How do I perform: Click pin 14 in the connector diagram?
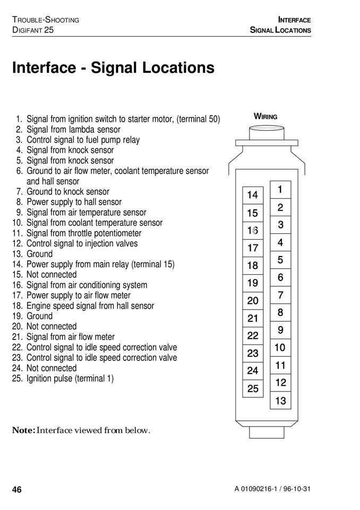click(x=253, y=195)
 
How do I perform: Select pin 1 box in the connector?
click(x=280, y=190)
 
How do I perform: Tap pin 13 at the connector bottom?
click(x=280, y=401)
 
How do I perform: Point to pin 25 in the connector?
click(x=253, y=388)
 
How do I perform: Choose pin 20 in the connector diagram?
click(x=253, y=301)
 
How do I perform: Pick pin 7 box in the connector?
click(x=280, y=295)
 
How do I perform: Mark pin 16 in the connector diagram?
click(x=253, y=231)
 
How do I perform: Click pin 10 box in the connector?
click(x=280, y=348)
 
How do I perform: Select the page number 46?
click(x=17, y=490)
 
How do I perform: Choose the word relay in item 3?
click(x=131, y=140)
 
